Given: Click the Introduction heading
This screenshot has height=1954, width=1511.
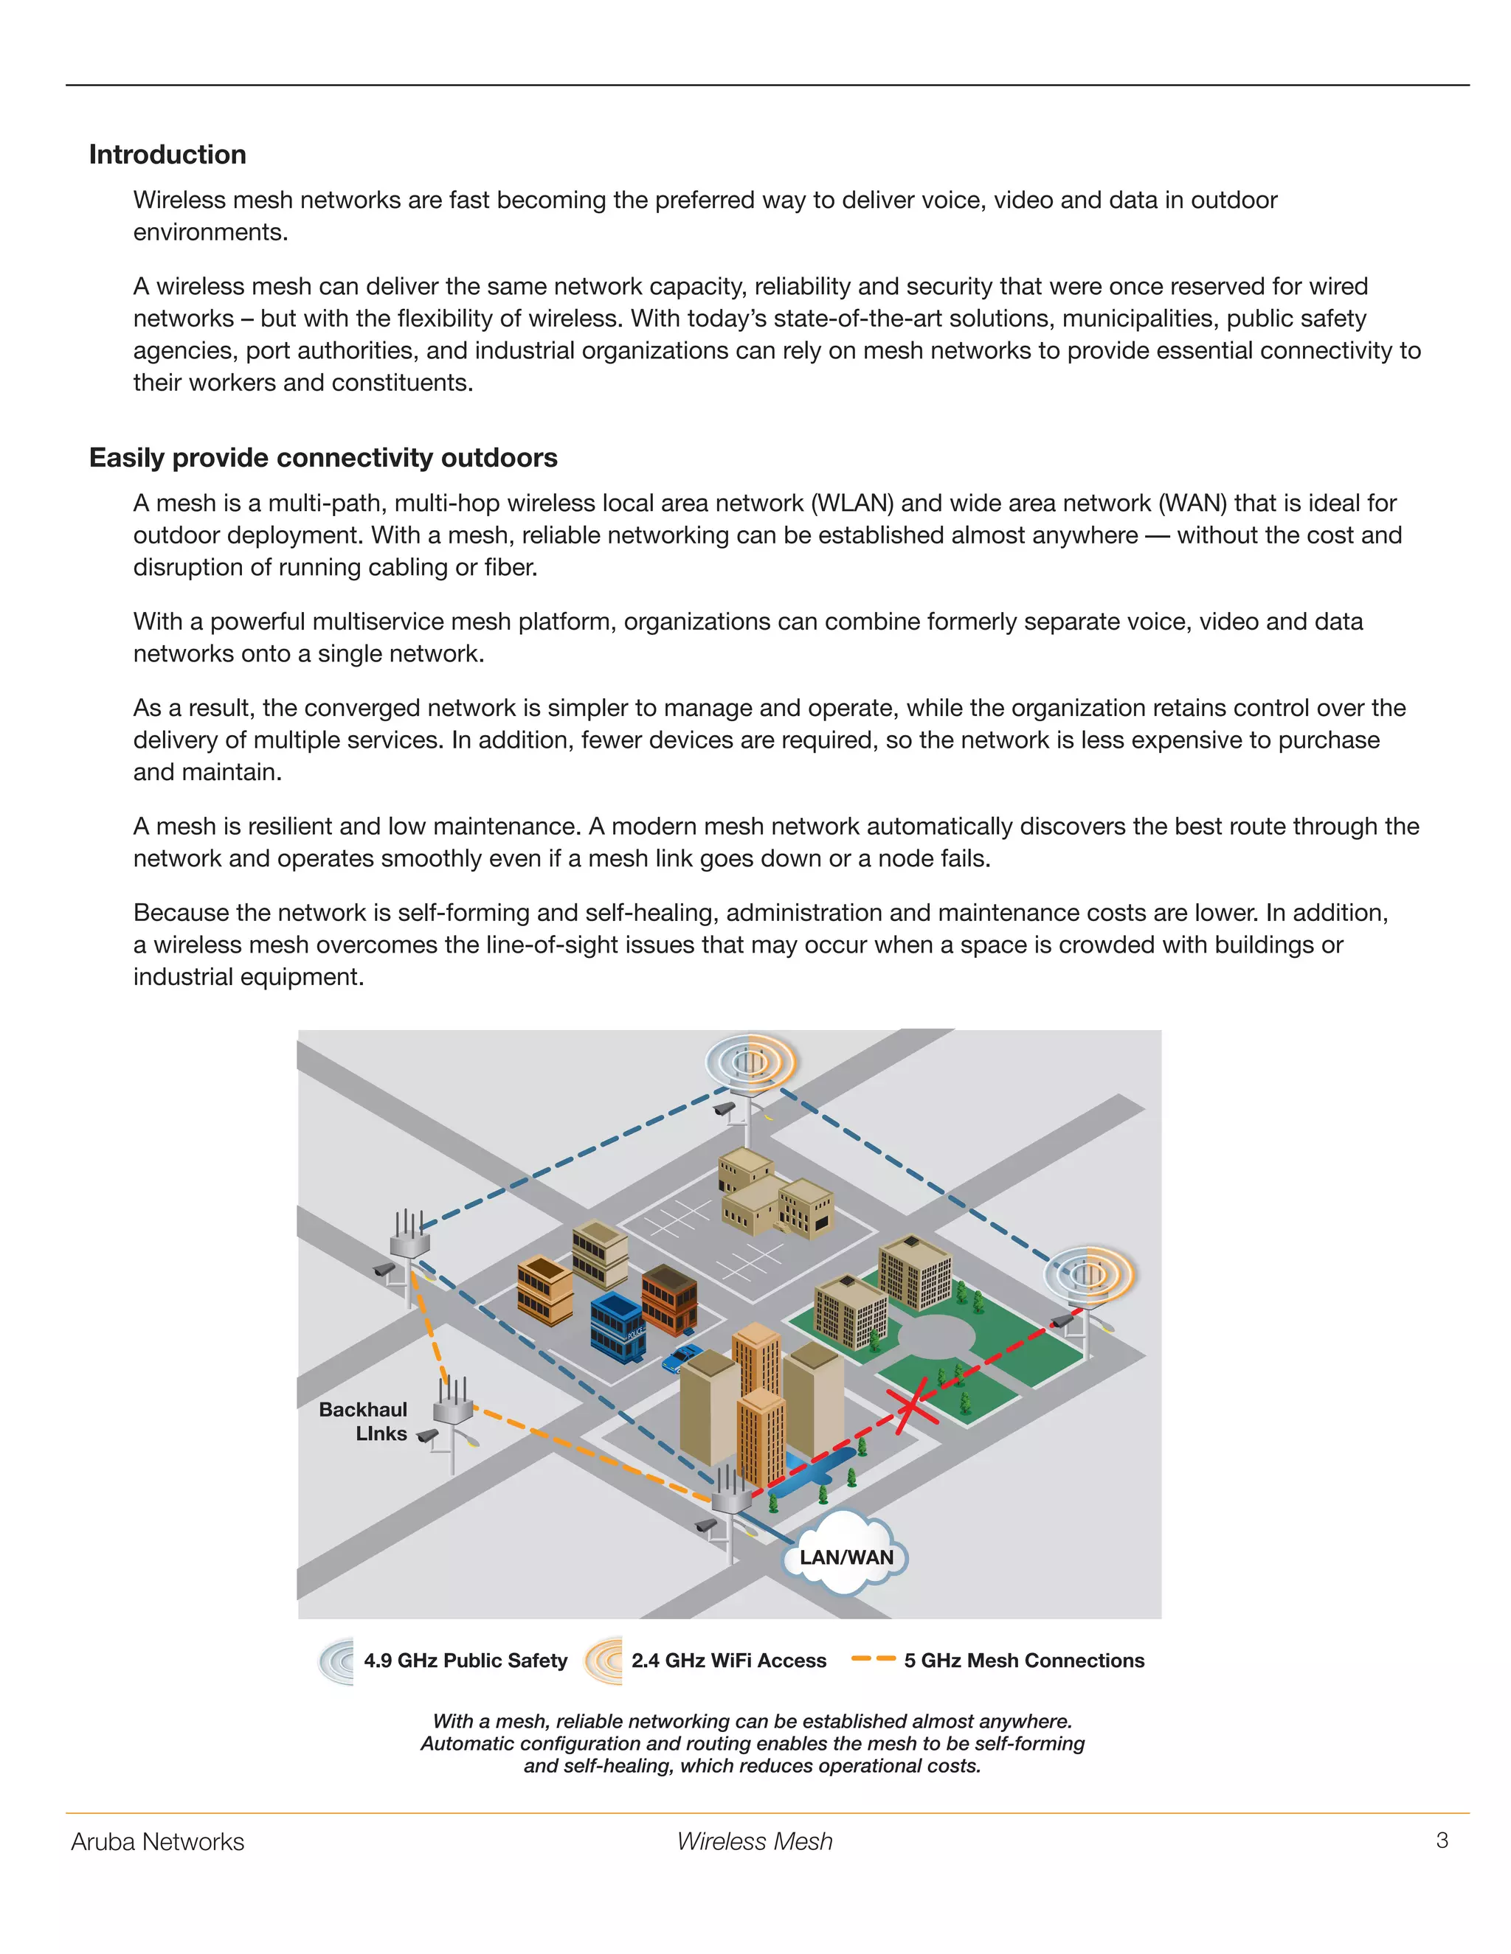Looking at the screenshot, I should tap(167, 155).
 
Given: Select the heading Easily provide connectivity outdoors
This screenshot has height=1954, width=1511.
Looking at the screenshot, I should tap(323, 458).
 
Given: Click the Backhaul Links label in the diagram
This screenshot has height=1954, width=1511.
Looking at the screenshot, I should tap(364, 1422).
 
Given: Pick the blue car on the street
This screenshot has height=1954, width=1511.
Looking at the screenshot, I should tap(682, 1358).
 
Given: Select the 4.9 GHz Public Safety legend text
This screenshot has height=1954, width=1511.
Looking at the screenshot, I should tap(466, 1661).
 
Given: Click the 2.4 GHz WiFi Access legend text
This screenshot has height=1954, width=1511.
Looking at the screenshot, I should tap(729, 1661).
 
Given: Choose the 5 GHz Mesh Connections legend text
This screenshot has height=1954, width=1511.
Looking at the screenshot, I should tap(1024, 1661).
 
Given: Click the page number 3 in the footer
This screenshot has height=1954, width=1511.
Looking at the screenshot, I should tap(1442, 1840).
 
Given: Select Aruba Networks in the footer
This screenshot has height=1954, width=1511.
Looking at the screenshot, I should tap(158, 1842).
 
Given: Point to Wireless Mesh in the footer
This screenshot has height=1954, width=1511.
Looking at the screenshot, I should tap(755, 1842).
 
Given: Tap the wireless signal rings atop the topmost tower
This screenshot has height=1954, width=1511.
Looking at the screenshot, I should tap(750, 1061).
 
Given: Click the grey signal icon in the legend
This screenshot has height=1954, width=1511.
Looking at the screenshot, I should tap(336, 1661).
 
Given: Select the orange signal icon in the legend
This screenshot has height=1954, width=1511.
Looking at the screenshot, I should tap(604, 1661).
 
